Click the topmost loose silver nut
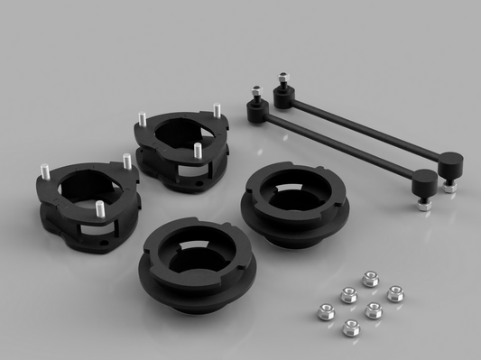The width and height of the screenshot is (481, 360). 369,280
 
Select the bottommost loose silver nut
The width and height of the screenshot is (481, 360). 352,326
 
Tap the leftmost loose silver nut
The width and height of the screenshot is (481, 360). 327,311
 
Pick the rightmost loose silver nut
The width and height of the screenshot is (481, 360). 394,293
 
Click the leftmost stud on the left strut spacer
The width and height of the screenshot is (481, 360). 42,171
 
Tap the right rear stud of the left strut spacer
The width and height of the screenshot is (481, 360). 128,161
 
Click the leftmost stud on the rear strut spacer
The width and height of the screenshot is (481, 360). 142,119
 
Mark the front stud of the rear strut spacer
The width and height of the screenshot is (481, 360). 197,148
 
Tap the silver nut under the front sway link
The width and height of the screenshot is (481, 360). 421,202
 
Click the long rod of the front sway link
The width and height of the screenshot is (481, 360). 334,148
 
